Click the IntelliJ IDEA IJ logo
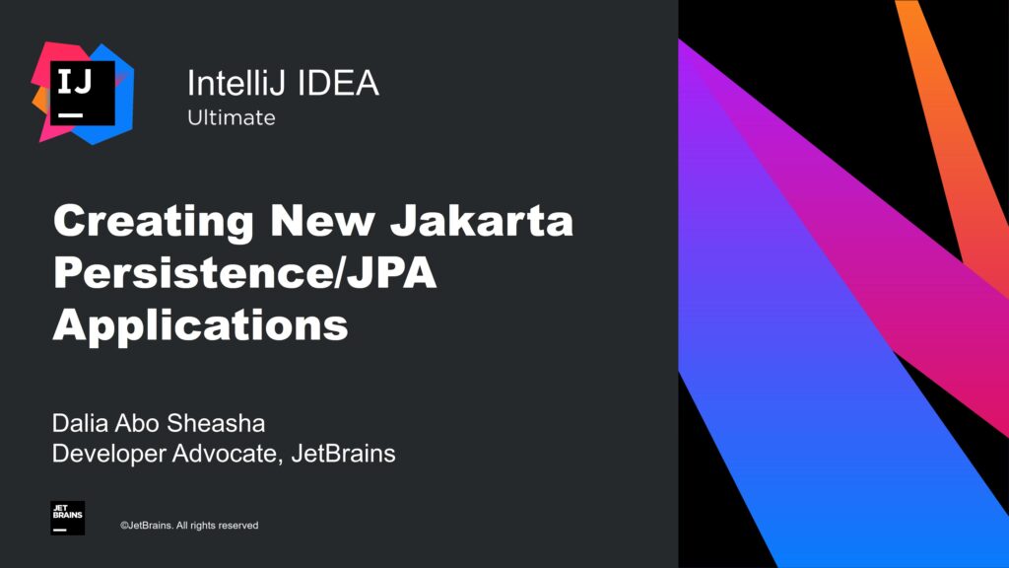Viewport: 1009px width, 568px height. tap(83, 93)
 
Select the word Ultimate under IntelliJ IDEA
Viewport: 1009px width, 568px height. tap(232, 118)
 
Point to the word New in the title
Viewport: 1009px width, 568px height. tap(317, 221)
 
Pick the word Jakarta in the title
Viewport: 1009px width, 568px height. tap(482, 221)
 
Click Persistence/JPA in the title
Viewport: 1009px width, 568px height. tap(244, 273)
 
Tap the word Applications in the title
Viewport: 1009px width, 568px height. tap(200, 325)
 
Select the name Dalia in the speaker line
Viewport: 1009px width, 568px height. tap(80, 425)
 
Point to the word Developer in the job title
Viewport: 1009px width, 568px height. tap(108, 455)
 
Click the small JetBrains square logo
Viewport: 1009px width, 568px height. tap(67, 518)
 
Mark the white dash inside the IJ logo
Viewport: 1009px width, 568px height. tap(70, 114)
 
